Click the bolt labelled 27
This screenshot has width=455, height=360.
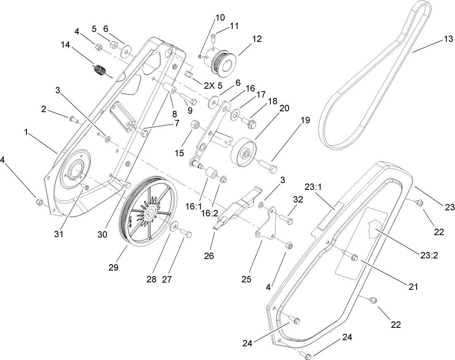point(186,235)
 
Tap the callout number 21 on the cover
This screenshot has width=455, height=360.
point(413,286)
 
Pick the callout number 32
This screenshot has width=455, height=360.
point(298,199)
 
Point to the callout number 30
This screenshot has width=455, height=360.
point(103,234)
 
